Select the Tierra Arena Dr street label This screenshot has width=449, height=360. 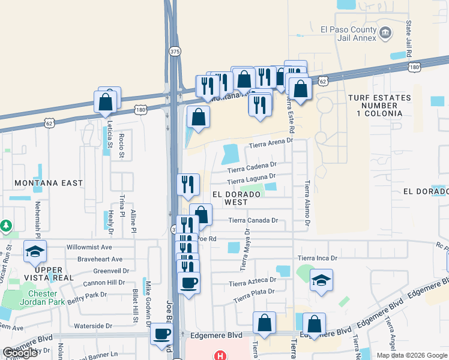270,143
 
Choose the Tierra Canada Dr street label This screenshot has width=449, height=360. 254,220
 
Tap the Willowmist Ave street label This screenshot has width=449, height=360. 89,247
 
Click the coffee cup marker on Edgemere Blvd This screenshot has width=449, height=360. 161,334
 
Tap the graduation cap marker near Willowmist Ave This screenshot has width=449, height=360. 35,252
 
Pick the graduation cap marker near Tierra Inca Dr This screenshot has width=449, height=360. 322,280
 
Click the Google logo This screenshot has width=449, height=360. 20,353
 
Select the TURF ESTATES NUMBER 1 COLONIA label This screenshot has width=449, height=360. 379,106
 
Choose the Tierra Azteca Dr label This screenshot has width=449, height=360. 252,281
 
